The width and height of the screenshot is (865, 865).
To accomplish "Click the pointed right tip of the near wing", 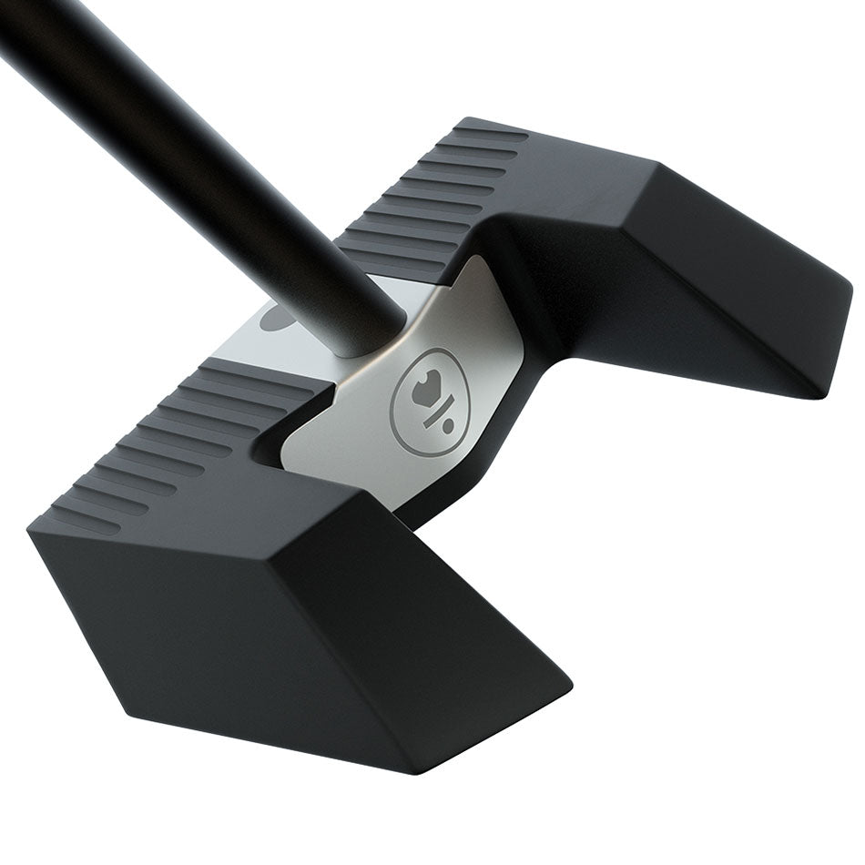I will point(571,680).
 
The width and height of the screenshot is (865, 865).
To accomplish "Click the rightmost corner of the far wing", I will point(850,290).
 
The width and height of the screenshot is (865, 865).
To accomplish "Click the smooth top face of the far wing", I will point(583,182).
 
